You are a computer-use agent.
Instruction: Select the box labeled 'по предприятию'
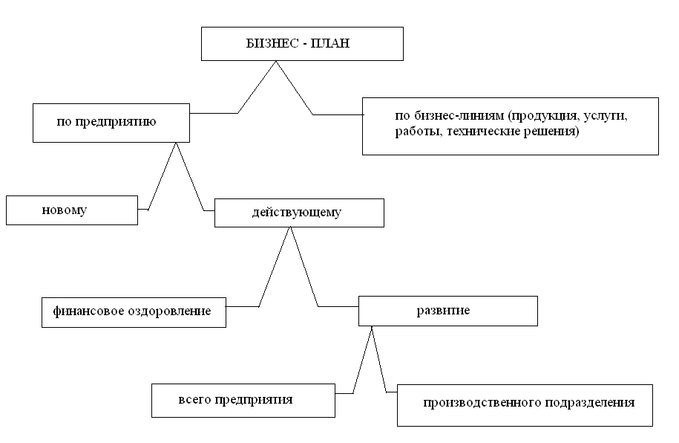111,123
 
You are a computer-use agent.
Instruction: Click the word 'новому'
64,210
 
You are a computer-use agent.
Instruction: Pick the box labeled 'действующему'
299,213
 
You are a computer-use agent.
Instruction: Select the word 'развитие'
443,311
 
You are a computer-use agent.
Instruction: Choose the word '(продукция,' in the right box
544,116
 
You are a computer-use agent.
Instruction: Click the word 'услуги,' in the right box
606,116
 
